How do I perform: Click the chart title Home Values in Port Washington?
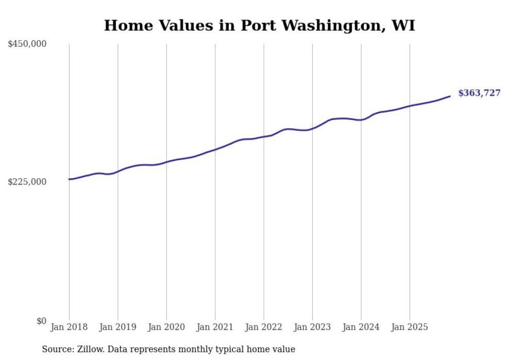[259, 25]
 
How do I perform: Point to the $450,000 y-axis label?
[27, 44]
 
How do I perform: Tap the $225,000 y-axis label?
[27, 182]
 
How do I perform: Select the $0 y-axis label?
[41, 321]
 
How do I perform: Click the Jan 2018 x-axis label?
[69, 327]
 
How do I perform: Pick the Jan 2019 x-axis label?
[117, 327]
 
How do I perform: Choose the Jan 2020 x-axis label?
[166, 327]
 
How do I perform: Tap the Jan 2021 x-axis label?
[215, 327]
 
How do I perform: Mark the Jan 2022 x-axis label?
[264, 327]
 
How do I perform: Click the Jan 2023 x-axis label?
[312, 327]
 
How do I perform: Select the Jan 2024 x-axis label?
[361, 327]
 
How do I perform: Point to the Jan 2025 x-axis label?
[410, 327]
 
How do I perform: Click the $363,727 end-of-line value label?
[479, 93]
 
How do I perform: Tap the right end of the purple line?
[450, 96]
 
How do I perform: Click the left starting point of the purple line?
[69, 179]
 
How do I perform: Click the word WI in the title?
[403, 25]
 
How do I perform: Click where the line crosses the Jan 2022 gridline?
[264, 136]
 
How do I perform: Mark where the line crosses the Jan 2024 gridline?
[361, 119]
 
